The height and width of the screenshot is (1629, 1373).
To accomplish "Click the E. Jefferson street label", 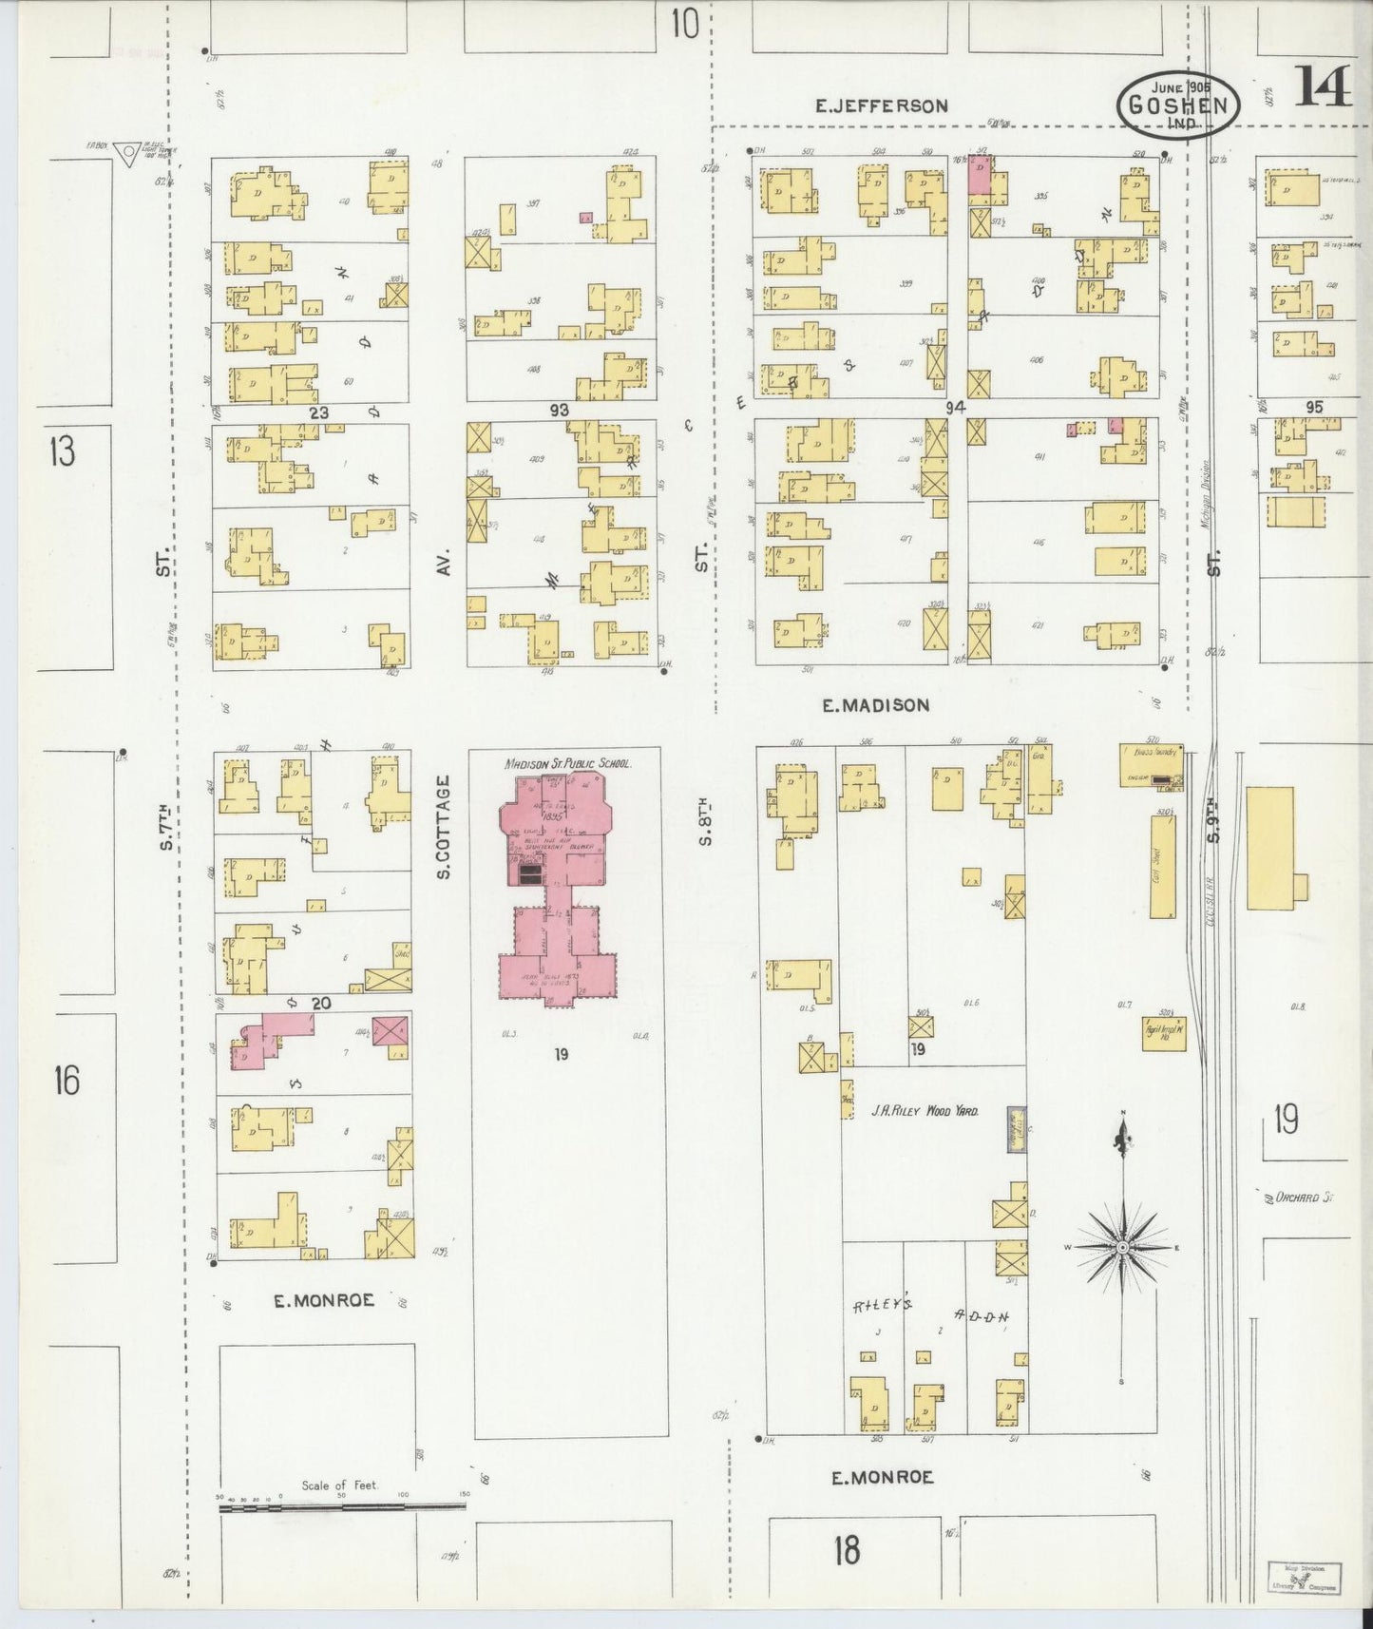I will tap(882, 105).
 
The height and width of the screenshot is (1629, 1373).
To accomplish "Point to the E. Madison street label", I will tap(875, 705).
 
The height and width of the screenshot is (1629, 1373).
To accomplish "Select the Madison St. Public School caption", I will tap(568, 763).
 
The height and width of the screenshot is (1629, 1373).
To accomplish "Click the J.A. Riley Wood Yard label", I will tap(925, 1110).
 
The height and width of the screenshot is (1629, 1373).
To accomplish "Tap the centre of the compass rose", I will tap(1122, 1247).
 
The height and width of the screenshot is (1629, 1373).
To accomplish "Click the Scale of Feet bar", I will tap(342, 1505).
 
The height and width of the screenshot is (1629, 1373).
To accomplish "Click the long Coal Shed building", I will tap(1163, 867).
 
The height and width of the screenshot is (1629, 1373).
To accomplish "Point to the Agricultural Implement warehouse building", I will tap(1164, 1034).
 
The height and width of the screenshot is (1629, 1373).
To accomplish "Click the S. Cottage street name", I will tap(443, 827).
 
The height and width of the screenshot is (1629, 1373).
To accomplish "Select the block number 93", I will tap(560, 410).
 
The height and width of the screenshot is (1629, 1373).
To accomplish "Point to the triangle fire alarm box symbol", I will tap(125, 153).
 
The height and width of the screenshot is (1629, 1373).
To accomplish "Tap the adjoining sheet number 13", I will tap(62, 451).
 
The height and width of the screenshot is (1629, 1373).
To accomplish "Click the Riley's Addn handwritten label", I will tap(926, 1312).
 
